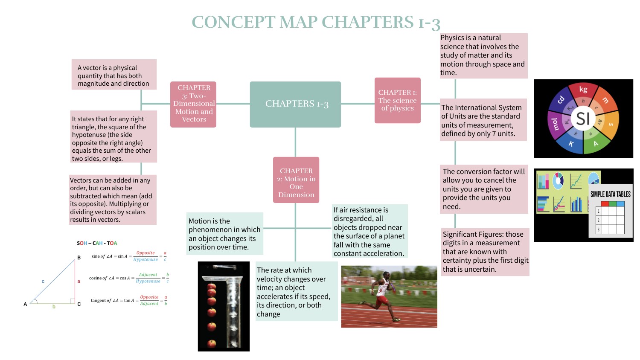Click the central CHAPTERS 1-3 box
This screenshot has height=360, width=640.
point(295,104)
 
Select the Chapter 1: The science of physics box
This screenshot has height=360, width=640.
point(397,101)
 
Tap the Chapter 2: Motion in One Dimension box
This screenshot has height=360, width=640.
point(296,180)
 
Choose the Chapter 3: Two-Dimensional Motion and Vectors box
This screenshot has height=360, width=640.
point(193,104)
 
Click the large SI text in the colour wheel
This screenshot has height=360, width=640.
point(583,119)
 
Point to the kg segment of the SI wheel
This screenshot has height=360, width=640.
point(583,90)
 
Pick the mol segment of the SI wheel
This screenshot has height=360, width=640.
point(555,124)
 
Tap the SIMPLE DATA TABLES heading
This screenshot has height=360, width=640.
point(610,194)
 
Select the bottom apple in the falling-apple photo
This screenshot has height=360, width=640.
point(212,343)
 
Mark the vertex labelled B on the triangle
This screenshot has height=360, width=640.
point(79,258)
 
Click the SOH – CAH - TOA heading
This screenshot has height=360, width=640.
point(97,243)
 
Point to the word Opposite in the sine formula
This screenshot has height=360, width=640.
point(145,253)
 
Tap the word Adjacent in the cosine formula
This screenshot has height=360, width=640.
point(148,275)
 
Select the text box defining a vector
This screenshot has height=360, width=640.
point(114,75)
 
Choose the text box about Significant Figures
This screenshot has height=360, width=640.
point(485,252)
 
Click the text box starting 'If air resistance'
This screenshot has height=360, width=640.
point(369,231)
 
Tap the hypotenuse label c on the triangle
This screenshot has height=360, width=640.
point(43,282)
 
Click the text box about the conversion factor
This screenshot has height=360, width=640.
point(484,189)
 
